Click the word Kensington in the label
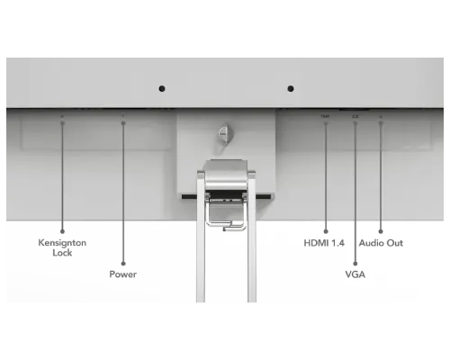tap(62, 243)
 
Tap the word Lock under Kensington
tap(62, 253)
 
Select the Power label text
tap(123, 274)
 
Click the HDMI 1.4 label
tap(324, 243)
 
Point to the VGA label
tap(355, 274)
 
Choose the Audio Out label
tap(381, 243)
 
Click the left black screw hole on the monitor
tap(162, 88)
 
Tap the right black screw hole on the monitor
tap(291, 88)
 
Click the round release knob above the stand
tap(224, 133)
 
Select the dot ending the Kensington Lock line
tap(62, 231)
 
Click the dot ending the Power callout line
tap(123, 264)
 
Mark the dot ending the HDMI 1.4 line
tap(326, 231)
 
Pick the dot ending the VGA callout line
tap(355, 264)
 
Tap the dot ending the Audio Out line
tap(381, 231)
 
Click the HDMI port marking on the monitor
tap(325, 116)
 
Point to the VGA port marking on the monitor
tap(355, 116)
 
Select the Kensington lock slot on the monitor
tap(62, 116)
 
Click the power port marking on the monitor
tap(123, 116)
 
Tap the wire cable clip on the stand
tap(226, 217)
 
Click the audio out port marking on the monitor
tap(381, 116)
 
